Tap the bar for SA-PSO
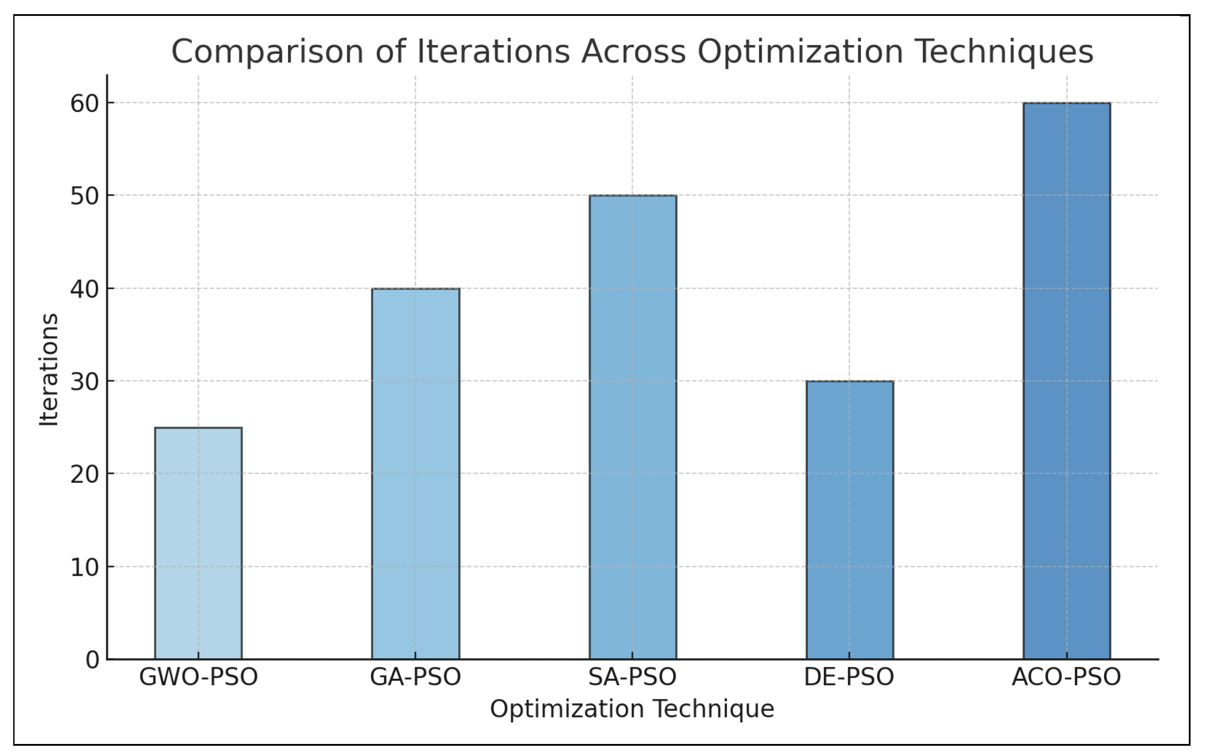click(633, 427)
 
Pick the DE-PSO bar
click(850, 520)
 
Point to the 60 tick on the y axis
click(85, 104)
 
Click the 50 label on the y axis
click(85, 196)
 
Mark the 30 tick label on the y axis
click(85, 382)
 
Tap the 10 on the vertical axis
click(85, 568)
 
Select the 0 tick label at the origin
click(92, 660)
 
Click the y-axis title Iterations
click(49, 369)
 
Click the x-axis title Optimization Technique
click(632, 709)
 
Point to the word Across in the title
click(633, 52)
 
